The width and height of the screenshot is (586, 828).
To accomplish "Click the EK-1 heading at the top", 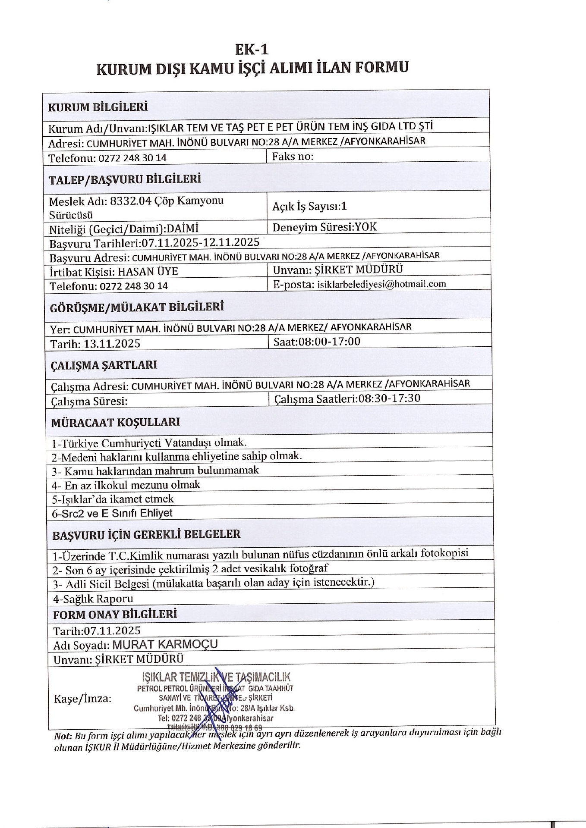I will (x=252, y=50).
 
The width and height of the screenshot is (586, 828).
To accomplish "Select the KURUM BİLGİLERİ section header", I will (x=98, y=107).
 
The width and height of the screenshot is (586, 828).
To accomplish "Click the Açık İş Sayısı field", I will (x=309, y=206).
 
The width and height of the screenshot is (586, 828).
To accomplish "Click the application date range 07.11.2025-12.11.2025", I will (x=201, y=242).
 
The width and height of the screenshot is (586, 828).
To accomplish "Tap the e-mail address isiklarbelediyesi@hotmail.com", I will (x=381, y=284).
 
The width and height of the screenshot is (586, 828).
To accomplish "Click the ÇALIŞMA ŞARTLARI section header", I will (x=104, y=365).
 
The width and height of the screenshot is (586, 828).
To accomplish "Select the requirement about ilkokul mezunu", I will (x=126, y=485).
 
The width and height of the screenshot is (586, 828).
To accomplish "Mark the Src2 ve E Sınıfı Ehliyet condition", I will (x=112, y=513).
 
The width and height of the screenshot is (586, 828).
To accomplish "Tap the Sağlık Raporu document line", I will (x=93, y=599).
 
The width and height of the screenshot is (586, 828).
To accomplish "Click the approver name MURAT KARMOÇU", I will (x=165, y=644).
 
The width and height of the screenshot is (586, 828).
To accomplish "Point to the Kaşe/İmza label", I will (x=82, y=699).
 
